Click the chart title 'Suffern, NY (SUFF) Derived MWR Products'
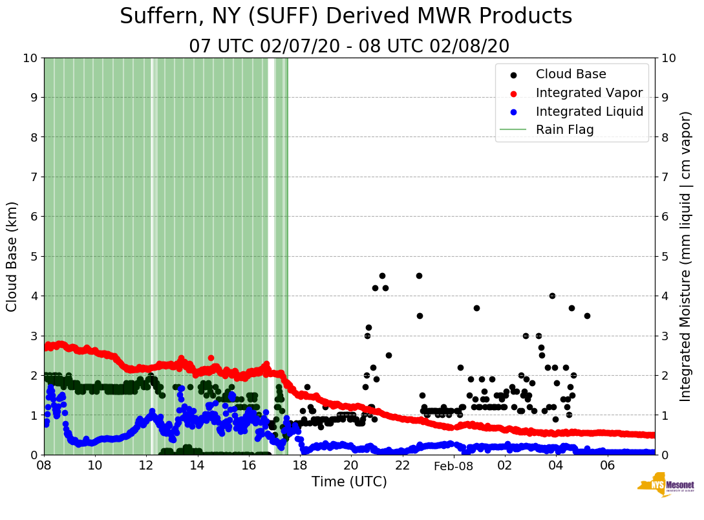click(x=346, y=17)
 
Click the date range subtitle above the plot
click(x=349, y=47)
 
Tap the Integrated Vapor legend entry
click(x=589, y=92)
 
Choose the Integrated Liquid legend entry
click(x=589, y=111)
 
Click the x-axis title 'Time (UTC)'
click(x=349, y=482)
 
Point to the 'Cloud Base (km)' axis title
click(x=12, y=256)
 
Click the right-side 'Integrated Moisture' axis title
click(x=686, y=256)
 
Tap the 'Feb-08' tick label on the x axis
click(x=453, y=466)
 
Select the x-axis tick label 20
click(x=351, y=465)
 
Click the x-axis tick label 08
click(x=44, y=465)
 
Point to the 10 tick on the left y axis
click(x=30, y=58)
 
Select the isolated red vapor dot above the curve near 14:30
click(x=211, y=358)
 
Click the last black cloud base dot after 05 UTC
click(x=587, y=316)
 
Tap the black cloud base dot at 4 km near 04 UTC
click(x=552, y=296)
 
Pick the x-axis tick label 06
click(x=607, y=465)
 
